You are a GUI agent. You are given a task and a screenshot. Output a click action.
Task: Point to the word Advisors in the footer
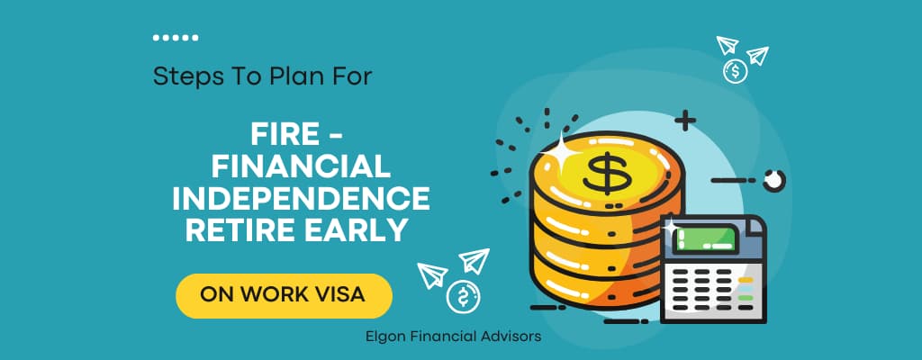(x=516, y=337)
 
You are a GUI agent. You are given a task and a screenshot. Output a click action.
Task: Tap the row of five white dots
(x=176, y=38)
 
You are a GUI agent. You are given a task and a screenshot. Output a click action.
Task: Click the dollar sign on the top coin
(x=603, y=174)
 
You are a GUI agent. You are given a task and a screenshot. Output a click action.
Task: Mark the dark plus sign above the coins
(x=685, y=121)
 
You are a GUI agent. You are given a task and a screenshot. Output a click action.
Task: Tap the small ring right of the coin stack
(x=773, y=181)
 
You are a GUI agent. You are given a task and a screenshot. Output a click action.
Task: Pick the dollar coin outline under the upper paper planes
(x=735, y=72)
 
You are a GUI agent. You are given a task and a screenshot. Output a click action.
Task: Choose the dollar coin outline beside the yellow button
(x=464, y=297)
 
